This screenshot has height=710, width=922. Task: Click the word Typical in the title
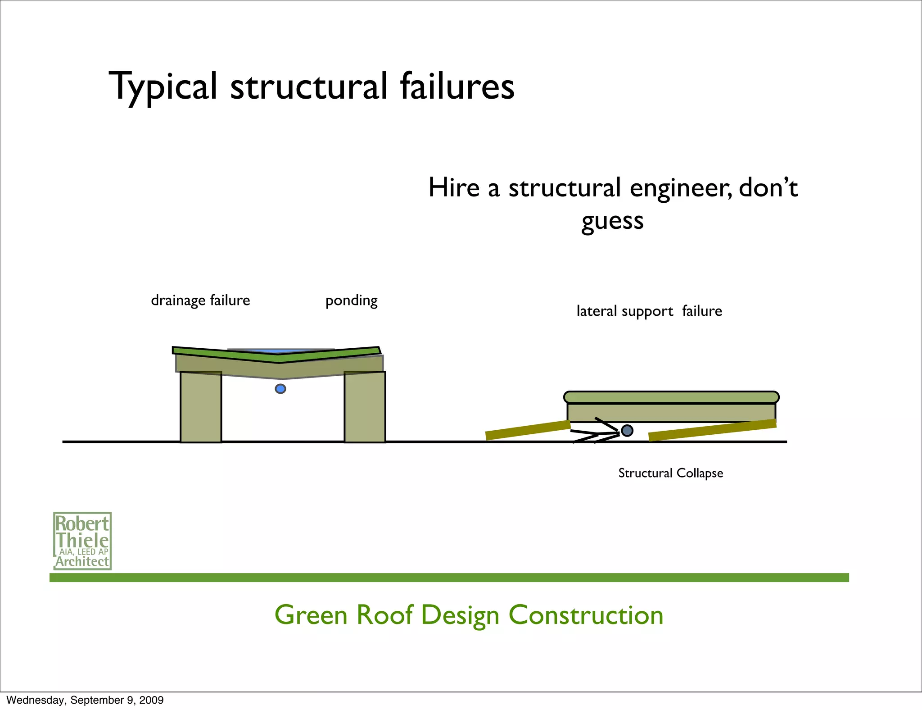pyautogui.click(x=163, y=86)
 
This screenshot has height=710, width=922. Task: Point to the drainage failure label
pyautogui.click(x=200, y=300)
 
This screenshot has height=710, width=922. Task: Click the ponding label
pyautogui.click(x=352, y=300)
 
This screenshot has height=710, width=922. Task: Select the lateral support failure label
pyautogui.click(x=649, y=311)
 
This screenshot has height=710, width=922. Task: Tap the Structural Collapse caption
pyautogui.click(x=670, y=473)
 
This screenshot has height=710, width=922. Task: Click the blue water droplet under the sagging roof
pyautogui.click(x=280, y=389)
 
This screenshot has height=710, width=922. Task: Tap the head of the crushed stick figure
pyautogui.click(x=627, y=431)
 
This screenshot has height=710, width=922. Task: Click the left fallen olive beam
pyautogui.click(x=528, y=430)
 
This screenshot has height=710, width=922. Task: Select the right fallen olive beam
pyautogui.click(x=712, y=430)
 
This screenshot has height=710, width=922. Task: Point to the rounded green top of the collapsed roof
pyautogui.click(x=671, y=397)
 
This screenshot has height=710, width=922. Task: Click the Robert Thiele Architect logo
pyautogui.click(x=82, y=541)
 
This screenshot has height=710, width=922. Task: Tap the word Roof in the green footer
pyautogui.click(x=384, y=615)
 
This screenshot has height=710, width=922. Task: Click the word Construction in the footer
pyautogui.click(x=586, y=615)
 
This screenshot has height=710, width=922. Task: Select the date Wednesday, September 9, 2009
pyautogui.click(x=85, y=700)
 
